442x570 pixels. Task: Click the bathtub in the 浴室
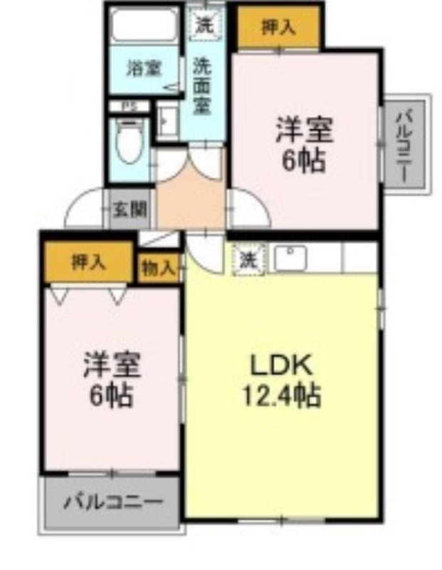144,25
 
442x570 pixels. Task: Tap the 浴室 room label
144,68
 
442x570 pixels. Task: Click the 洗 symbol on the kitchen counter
248,259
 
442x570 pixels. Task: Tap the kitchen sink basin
290,258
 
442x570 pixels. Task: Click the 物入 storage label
159,269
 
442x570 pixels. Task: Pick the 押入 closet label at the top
278,27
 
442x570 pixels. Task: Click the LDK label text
281,366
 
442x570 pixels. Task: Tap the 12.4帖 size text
281,395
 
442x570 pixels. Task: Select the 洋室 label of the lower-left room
112,365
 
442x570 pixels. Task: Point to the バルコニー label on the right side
405,147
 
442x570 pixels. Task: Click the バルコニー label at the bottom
113,502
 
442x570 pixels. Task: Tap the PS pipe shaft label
128,106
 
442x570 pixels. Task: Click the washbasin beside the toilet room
168,120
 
